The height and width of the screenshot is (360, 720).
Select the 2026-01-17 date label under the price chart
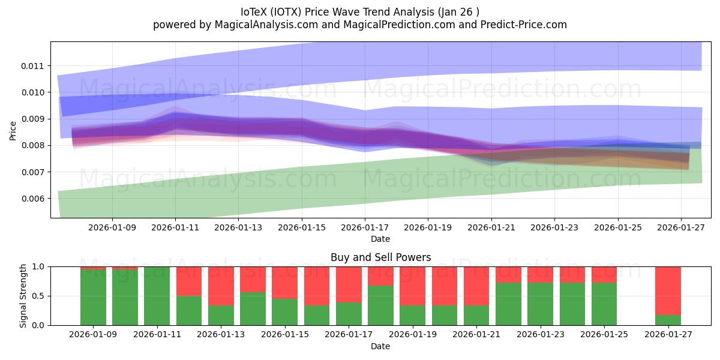point(365,227)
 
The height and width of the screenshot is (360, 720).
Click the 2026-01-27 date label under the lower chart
point(668,335)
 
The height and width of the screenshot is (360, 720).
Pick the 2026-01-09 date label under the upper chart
point(112,227)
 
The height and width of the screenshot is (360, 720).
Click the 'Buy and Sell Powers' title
point(380,257)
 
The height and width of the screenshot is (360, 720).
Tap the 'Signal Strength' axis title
point(23,296)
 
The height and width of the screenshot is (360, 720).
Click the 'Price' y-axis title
point(13,131)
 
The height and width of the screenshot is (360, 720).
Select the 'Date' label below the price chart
point(380,239)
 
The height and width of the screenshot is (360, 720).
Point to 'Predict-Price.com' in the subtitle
point(525,25)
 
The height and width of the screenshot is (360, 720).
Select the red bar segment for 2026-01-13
point(221,286)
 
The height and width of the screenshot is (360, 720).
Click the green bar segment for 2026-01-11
point(157,296)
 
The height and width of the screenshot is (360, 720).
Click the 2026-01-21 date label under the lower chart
point(476,335)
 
